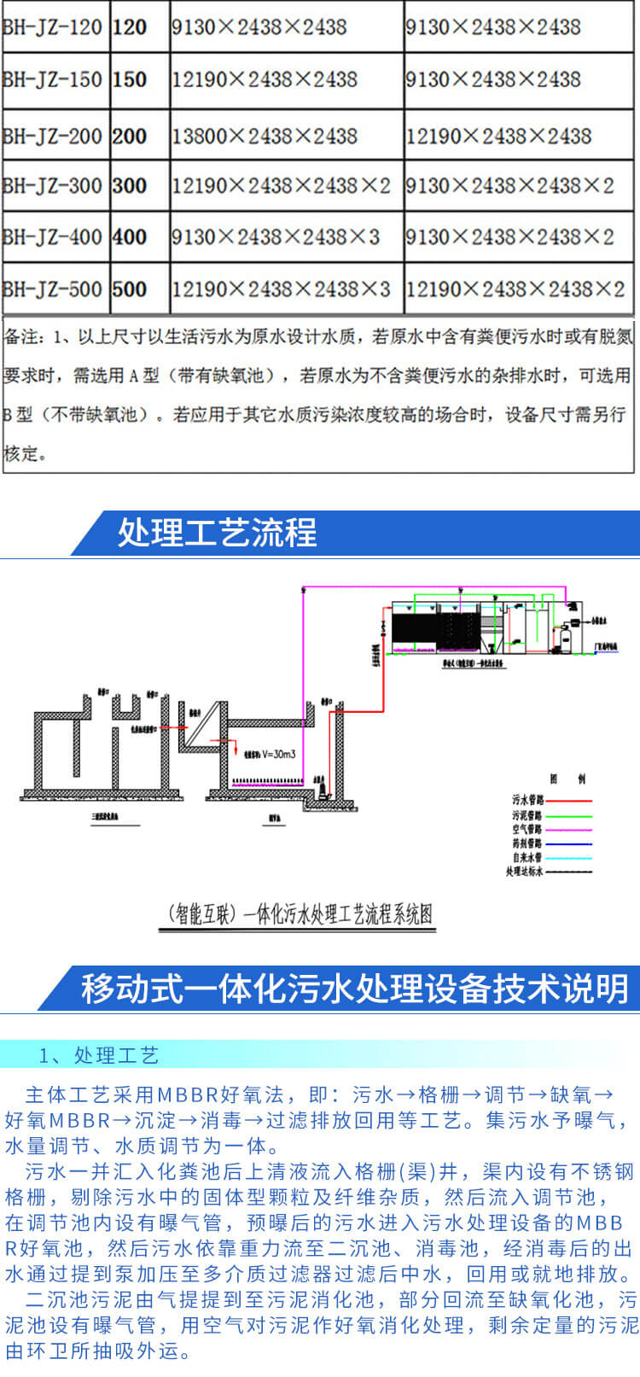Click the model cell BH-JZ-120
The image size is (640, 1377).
[53, 27]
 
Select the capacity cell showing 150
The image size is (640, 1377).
[130, 79]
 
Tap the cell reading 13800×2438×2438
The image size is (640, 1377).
[265, 136]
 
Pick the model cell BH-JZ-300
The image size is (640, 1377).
[53, 185]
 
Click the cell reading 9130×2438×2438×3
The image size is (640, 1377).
[276, 236]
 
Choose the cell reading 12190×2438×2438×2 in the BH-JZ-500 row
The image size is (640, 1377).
[515, 289]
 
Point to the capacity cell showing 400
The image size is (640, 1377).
[130, 236]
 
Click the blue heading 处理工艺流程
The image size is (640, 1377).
[217, 533]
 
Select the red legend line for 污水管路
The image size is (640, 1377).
[568, 801]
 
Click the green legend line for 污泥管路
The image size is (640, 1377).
[568, 815]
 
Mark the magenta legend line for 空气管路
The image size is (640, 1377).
[568, 829]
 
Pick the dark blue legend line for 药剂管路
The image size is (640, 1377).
[568, 843]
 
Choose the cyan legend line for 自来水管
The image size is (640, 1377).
[568, 857]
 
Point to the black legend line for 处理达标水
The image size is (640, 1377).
[568, 872]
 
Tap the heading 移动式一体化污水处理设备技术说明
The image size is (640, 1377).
[355, 989]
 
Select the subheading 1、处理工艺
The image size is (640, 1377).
[99, 1056]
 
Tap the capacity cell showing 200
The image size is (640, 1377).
[130, 136]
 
